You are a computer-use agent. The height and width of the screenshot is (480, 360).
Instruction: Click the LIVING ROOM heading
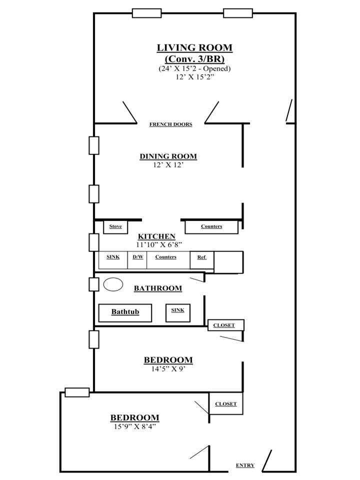coord(194,48)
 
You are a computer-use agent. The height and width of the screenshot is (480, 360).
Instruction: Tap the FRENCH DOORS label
coord(171,124)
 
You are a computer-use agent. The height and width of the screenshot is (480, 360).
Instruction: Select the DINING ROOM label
coord(168,156)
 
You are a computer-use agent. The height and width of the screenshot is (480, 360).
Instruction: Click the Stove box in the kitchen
coord(115,227)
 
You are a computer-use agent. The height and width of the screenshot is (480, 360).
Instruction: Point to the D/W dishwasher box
coord(137,260)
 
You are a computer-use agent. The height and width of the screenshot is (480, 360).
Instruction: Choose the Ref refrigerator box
coord(201,260)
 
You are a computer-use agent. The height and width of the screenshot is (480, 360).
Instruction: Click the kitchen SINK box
coord(112,260)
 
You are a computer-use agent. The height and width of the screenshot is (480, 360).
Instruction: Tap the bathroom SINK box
coord(178,313)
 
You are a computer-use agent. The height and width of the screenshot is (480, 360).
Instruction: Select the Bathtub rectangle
coord(125,313)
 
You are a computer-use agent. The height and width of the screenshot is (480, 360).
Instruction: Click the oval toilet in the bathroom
coord(113,284)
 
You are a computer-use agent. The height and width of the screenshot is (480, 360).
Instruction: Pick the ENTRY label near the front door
coord(245,465)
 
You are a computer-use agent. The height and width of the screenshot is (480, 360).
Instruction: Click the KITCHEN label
coord(156,236)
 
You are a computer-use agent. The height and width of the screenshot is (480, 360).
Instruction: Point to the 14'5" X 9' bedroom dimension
coord(168,369)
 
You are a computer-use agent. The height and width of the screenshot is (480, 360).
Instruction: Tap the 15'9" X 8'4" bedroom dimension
coord(134,426)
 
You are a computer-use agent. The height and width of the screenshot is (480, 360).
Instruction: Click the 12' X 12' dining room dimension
coord(168,164)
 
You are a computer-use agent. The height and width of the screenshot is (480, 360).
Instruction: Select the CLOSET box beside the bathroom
coord(226,325)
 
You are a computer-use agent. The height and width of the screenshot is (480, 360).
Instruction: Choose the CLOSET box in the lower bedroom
coord(226,404)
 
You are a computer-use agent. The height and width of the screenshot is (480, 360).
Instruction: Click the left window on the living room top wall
coord(146,13)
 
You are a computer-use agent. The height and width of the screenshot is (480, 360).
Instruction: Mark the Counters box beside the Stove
coord(211,227)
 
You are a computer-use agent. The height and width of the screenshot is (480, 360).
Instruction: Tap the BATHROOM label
coord(158,288)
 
